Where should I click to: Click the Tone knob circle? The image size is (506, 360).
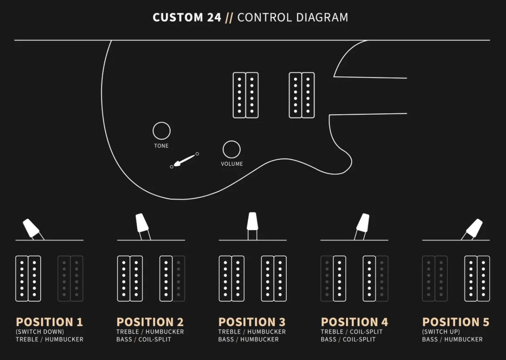click(161, 131)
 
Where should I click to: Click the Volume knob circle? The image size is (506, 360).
click(231, 149)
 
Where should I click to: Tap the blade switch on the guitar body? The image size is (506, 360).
click(184, 160)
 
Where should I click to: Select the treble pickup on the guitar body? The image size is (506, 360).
click(245, 95)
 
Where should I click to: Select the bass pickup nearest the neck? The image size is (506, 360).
click(301, 95)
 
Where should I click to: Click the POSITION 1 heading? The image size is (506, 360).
click(49, 322)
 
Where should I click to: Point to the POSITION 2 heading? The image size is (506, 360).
click(150, 322)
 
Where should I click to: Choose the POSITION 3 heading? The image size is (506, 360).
click(252, 322)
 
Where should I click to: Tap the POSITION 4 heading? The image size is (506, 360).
click(354, 322)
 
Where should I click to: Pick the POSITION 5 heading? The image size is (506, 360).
click(456, 322)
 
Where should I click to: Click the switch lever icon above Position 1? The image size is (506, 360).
click(32, 228)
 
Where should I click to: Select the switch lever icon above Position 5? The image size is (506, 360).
click(474, 228)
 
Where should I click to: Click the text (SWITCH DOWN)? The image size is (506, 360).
click(40, 332)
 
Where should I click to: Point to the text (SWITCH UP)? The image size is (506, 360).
click(441, 332)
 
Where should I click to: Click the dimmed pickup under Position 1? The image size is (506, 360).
click(70, 278)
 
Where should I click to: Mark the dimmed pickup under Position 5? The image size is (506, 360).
click(435, 278)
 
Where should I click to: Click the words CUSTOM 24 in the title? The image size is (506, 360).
click(187, 17)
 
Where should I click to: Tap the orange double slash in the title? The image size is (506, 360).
click(229, 17)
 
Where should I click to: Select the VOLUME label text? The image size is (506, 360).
click(232, 164)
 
